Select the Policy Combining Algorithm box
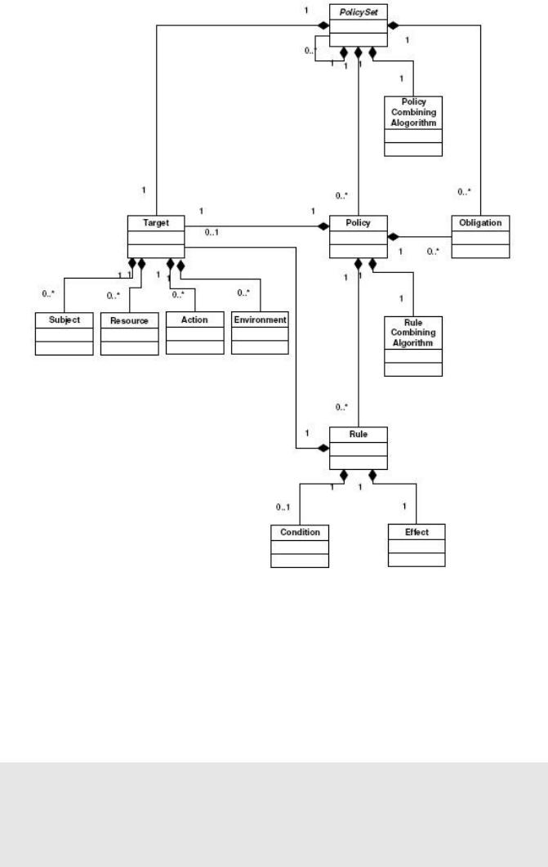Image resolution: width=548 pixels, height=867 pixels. (x=413, y=126)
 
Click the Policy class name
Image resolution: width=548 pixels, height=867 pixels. (x=358, y=221)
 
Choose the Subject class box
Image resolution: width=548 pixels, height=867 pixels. (x=64, y=333)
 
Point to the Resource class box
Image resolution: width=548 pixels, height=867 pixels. (x=129, y=333)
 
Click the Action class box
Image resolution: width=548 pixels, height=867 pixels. (x=194, y=333)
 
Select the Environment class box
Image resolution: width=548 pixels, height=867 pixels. (x=260, y=333)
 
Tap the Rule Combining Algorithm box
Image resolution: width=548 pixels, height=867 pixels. (x=412, y=345)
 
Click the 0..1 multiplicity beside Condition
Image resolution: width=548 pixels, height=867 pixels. (x=283, y=508)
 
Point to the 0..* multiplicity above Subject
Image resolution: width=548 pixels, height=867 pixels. (x=48, y=293)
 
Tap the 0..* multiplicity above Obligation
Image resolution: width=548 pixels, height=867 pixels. (x=463, y=192)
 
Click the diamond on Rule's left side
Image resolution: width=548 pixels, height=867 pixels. (x=323, y=448)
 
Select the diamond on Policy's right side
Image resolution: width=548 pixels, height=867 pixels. (x=393, y=236)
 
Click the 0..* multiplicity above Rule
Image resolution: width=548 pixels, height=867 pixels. (x=341, y=406)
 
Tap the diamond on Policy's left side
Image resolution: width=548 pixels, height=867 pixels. (x=323, y=225)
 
